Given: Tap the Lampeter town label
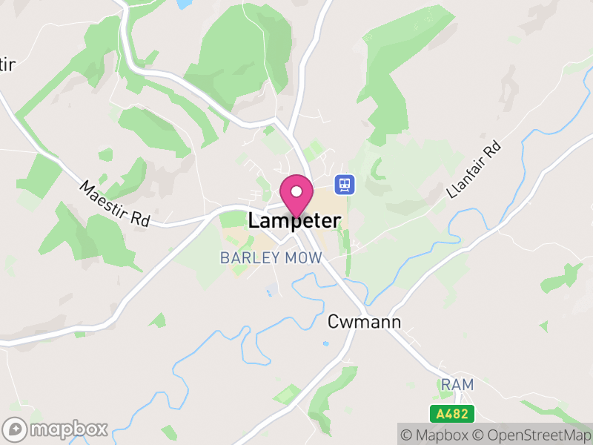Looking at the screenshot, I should (295, 221).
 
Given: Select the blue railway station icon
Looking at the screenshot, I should (343, 183).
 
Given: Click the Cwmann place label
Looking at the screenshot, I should (364, 322).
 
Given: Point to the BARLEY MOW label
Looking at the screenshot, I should (271, 258).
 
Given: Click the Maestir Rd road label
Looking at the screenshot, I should (115, 204).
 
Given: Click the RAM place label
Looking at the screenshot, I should (457, 385).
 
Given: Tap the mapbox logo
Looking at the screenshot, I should (56, 429).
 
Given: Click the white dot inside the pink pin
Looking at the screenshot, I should (296, 191).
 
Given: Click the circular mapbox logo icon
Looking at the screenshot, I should (16, 429).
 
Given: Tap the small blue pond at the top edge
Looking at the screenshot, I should (183, 4).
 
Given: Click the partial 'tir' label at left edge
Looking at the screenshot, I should (7, 65).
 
